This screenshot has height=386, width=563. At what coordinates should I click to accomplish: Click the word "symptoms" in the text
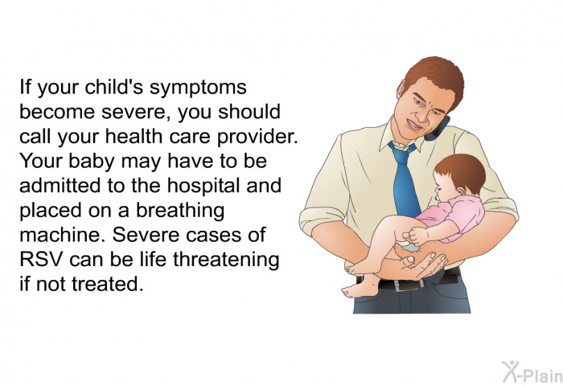coord(198,88)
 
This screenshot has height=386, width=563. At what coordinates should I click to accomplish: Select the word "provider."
coord(257,138)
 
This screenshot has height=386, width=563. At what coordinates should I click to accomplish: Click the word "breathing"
coord(180,211)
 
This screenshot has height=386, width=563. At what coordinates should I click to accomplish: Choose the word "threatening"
coord(226,260)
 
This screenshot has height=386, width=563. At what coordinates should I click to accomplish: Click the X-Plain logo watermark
coord(532,372)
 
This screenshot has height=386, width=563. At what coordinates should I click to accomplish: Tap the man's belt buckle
coord(402,285)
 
